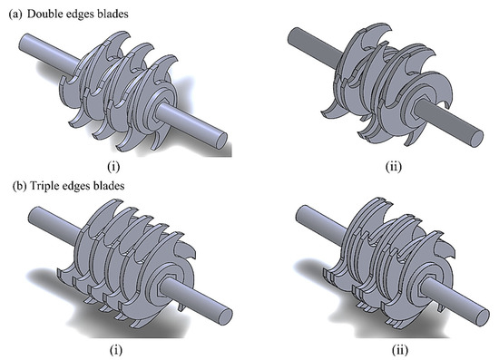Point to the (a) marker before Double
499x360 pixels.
[14, 9]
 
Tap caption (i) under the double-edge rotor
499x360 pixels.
[124, 166]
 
